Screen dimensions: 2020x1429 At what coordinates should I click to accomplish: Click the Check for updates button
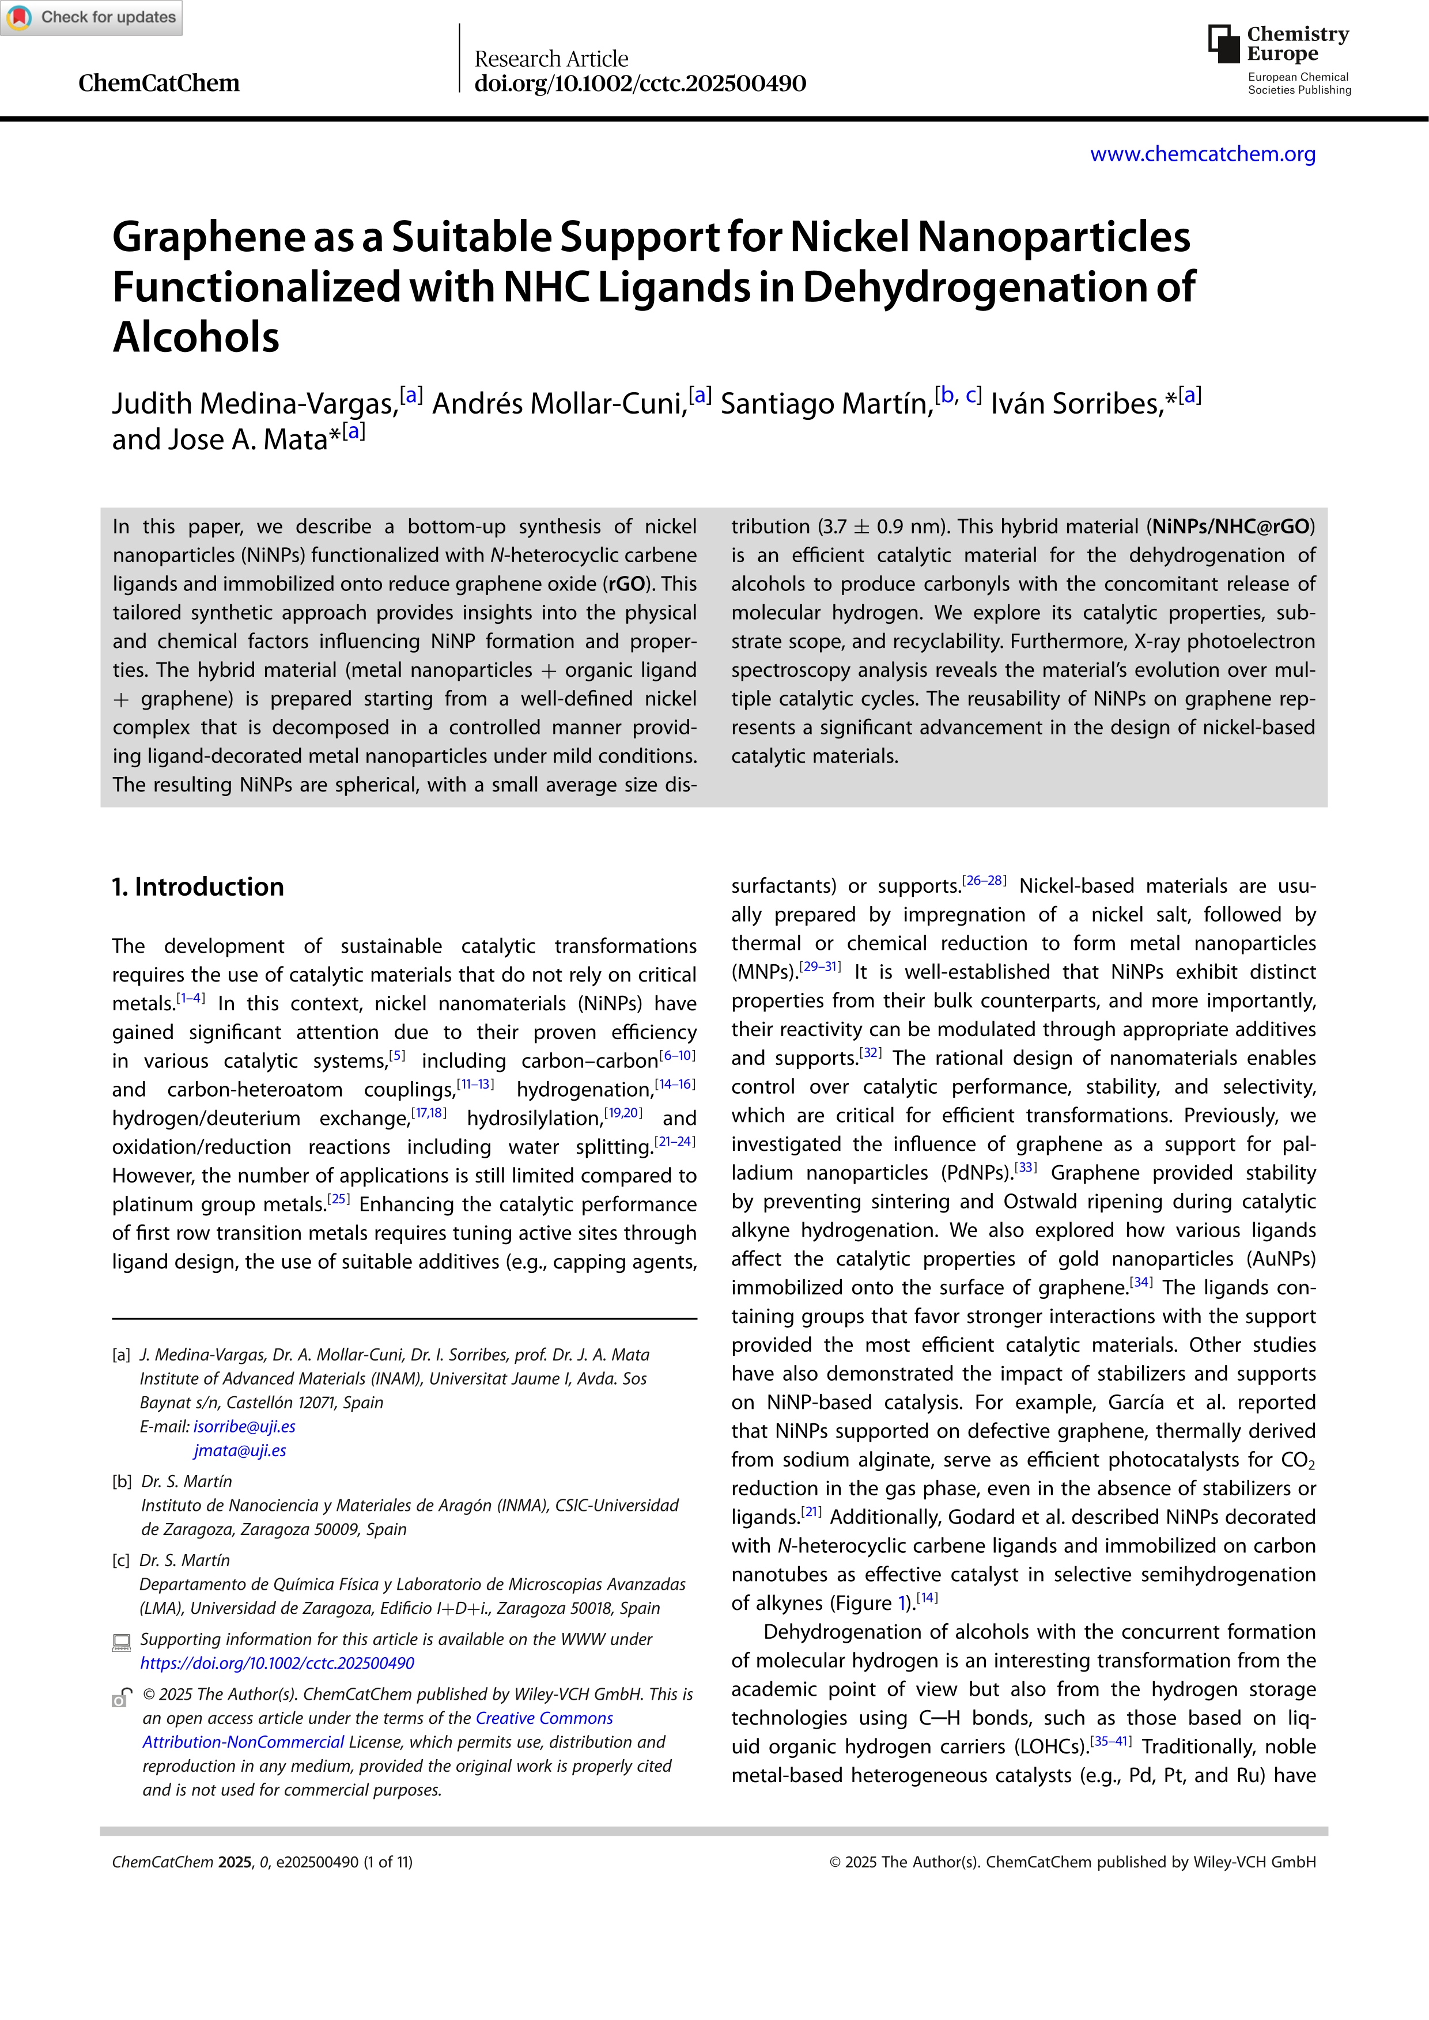(92, 18)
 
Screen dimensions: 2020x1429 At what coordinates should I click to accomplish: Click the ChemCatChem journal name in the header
(158, 83)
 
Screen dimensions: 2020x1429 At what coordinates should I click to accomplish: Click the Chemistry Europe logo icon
(1223, 43)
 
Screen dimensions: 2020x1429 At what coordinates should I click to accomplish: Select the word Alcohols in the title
(195, 338)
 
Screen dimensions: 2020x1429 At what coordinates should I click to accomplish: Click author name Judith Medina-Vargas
(254, 403)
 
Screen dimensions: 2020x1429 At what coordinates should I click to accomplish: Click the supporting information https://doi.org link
(277, 1663)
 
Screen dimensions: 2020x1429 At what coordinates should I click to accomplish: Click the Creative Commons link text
(544, 1718)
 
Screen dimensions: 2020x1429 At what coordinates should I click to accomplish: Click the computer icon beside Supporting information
(122, 1642)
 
